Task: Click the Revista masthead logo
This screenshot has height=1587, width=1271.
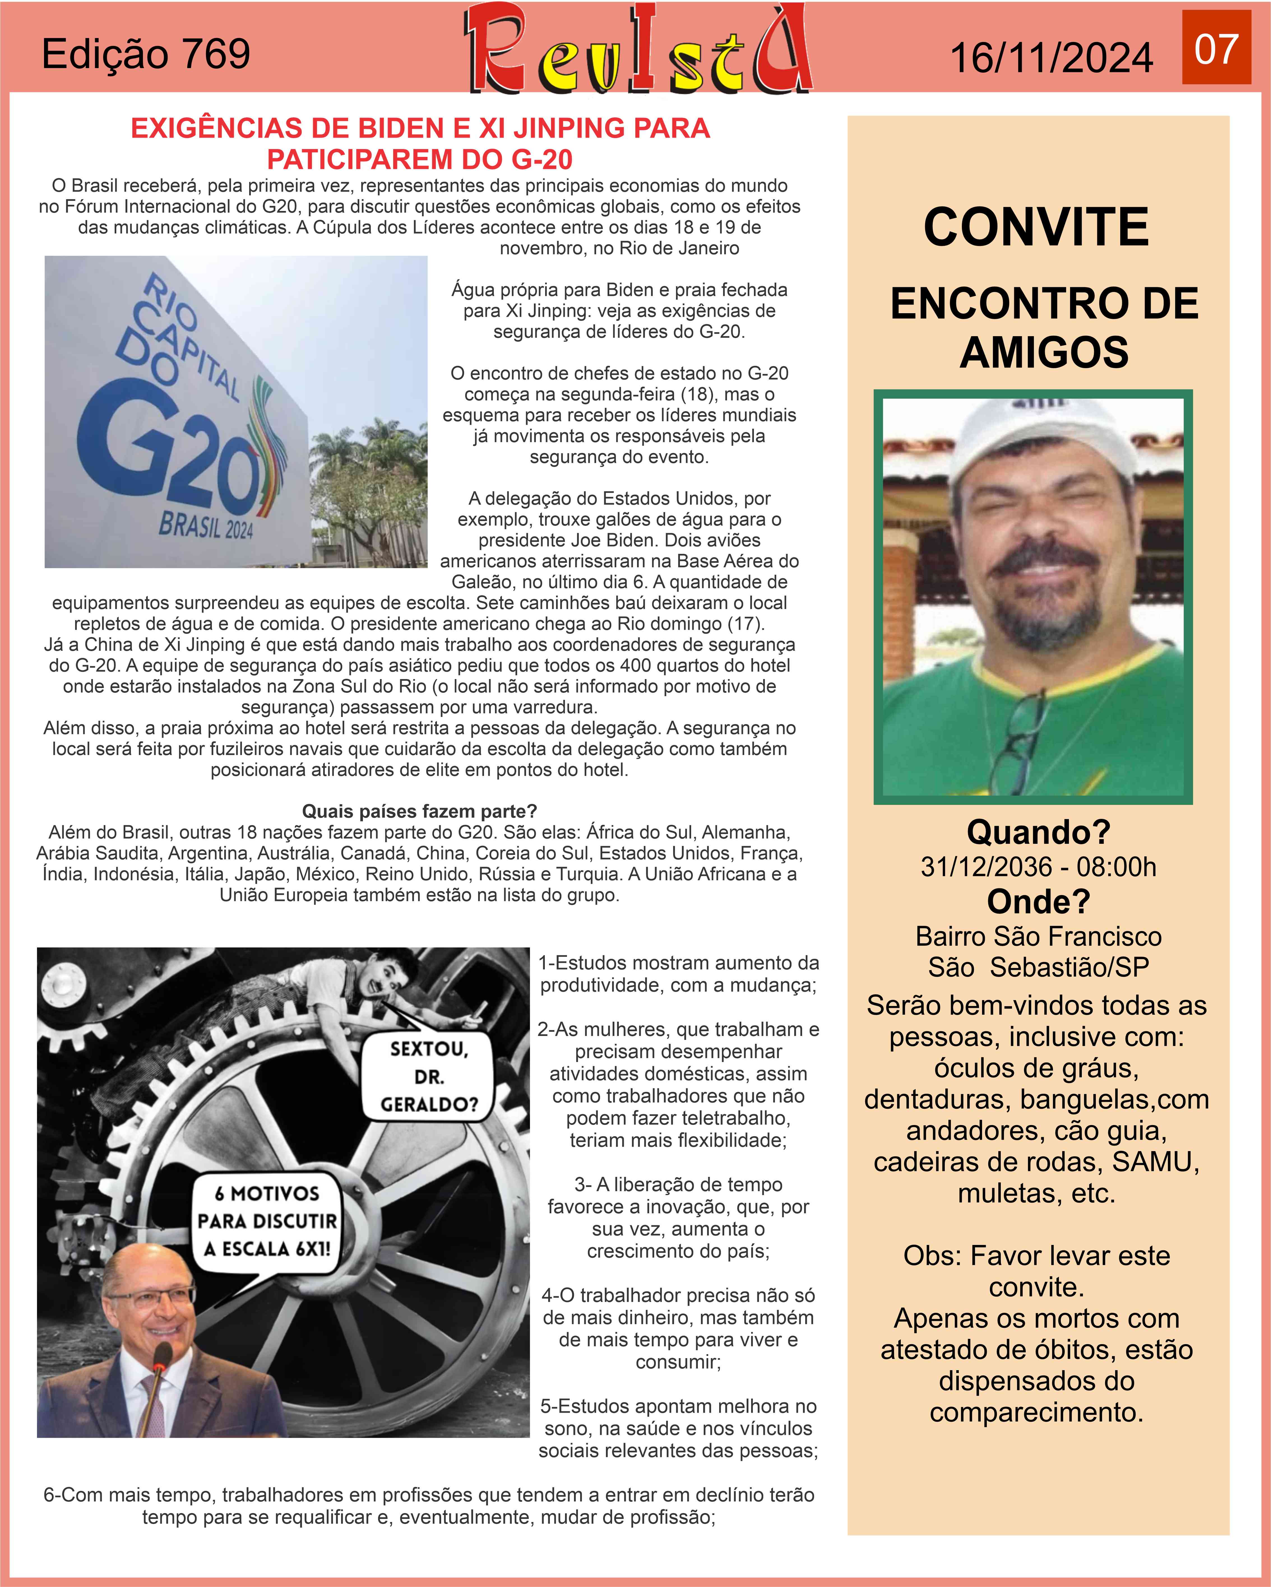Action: pos(638,50)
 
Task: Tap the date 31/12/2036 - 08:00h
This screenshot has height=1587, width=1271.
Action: pos(1038,867)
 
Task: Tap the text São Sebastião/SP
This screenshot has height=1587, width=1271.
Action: pos(1038,967)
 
